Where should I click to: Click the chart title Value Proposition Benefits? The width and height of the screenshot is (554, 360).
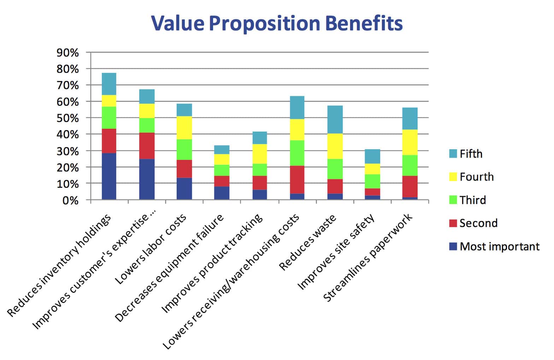277,23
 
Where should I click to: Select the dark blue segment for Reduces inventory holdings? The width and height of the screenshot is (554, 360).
109,176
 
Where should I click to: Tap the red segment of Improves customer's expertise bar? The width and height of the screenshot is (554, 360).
147,146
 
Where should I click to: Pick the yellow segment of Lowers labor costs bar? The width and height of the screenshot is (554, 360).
184,128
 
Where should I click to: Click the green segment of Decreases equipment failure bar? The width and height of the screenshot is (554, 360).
222,170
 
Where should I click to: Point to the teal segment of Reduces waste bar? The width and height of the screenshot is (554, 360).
335,120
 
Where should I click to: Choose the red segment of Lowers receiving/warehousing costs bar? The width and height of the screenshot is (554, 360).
297,180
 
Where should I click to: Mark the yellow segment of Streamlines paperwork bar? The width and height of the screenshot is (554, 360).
410,142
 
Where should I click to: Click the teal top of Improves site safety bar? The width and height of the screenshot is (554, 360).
372,156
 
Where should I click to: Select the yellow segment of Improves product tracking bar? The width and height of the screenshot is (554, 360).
260,154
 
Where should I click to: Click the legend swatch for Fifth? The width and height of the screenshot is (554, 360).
453,153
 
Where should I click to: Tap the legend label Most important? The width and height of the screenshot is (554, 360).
499,246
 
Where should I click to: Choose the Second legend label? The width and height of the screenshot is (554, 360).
478,223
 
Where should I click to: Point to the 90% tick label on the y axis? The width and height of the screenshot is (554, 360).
67,53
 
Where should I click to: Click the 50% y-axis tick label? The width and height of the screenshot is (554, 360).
67,118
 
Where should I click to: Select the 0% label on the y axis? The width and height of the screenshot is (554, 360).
70,201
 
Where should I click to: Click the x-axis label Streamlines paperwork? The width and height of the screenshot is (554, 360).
368,257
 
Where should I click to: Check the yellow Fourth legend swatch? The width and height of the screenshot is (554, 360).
453,177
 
